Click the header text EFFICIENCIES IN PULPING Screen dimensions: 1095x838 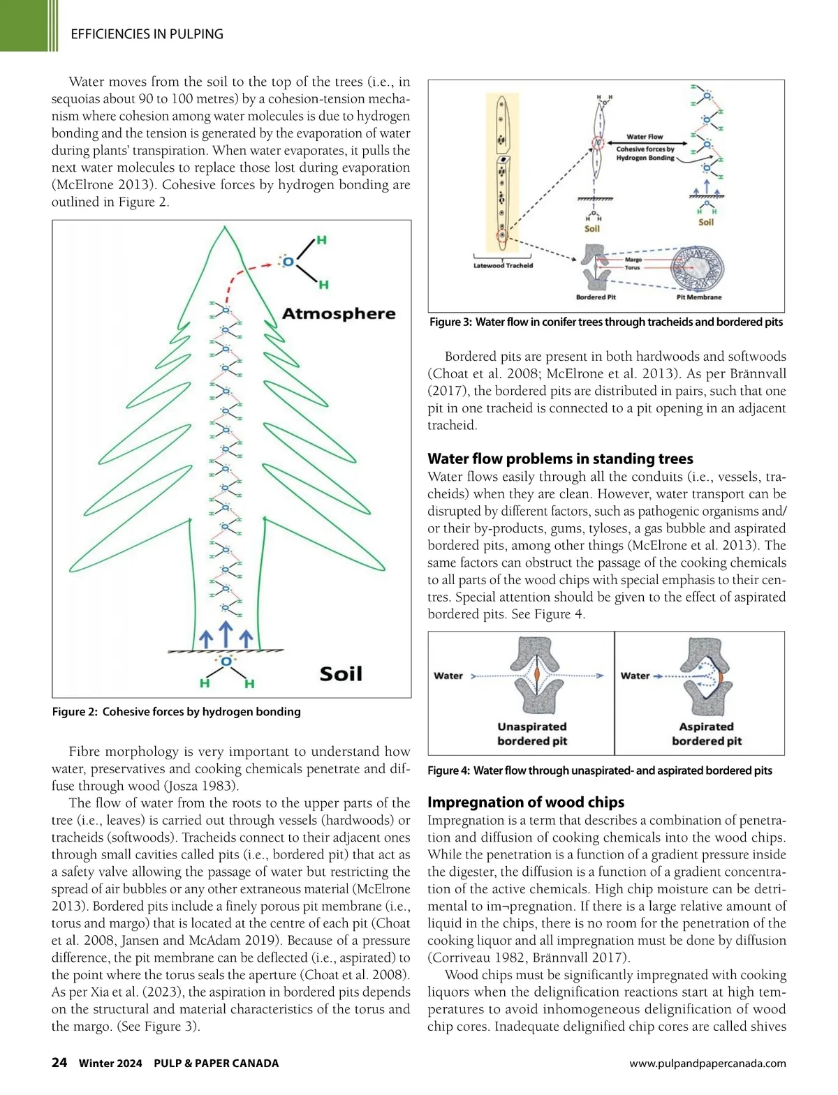point(147,33)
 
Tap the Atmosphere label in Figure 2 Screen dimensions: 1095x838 point(339,313)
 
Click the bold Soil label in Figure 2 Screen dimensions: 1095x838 point(341,673)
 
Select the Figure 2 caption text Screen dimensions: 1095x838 point(176,711)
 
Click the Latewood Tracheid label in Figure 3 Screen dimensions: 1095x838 point(503,265)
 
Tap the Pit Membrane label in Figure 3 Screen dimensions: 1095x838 point(699,297)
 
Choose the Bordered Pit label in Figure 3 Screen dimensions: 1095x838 point(596,297)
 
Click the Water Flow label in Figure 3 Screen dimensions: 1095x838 point(645,137)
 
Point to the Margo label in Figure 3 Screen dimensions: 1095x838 point(633,260)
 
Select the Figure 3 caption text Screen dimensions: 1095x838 point(605,322)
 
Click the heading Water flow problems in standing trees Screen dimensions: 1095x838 point(560,459)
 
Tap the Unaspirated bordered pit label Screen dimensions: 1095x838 point(532,733)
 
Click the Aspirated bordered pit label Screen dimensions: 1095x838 point(707,733)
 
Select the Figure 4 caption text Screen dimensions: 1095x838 point(600,770)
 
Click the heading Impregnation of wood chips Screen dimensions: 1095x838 point(526,802)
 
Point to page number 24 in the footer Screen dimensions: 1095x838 point(59,1062)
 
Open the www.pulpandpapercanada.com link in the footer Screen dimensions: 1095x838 point(707,1064)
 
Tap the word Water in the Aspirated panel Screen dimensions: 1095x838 point(635,676)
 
